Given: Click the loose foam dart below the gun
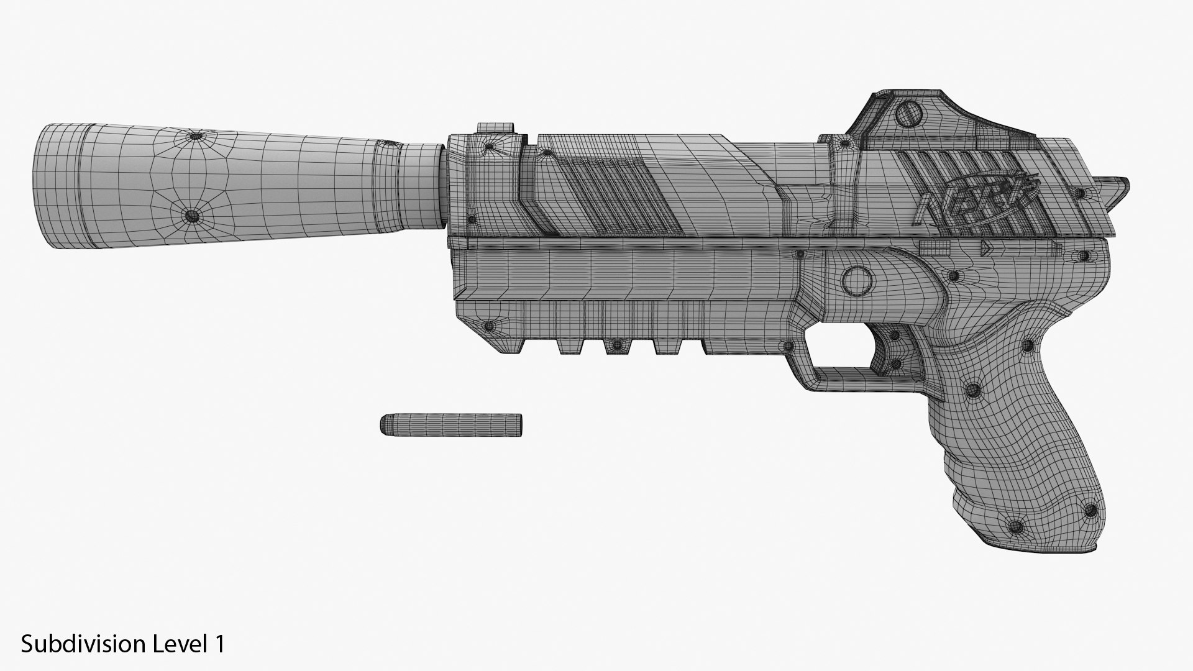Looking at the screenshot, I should click(451, 424).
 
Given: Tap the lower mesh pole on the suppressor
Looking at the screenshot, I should click(192, 216).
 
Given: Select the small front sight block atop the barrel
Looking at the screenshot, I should click(496, 127).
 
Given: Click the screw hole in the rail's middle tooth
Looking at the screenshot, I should click(616, 344).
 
